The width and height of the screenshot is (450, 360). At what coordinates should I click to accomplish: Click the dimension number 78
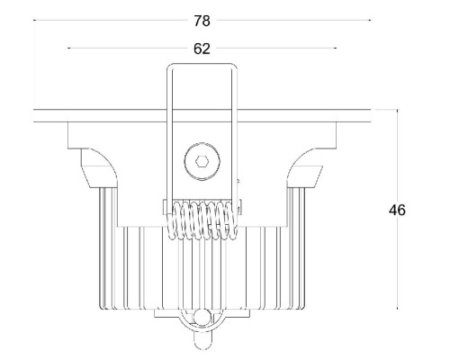point(202,18)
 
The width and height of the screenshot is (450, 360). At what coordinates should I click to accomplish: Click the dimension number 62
point(202,49)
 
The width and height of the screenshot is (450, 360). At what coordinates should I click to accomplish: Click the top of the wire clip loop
point(202,65)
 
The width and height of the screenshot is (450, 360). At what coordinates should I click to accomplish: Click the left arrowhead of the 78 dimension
point(35,18)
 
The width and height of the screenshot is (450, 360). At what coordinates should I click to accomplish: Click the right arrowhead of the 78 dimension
point(368,18)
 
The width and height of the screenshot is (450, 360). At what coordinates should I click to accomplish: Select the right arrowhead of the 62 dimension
point(335,49)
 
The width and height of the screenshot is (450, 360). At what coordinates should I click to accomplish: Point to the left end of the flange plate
point(37,116)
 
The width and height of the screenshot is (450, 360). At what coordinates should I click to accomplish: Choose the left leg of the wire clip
point(170,135)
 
